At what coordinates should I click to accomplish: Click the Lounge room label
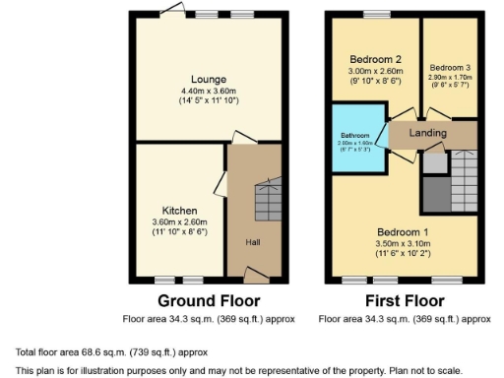211,79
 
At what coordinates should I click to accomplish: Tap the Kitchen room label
180,211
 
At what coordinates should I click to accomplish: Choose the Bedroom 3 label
449,67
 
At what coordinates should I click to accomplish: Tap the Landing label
428,133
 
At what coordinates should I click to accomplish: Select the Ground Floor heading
209,301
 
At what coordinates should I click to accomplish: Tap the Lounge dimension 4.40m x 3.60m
211,91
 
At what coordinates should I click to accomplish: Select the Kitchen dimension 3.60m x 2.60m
180,222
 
